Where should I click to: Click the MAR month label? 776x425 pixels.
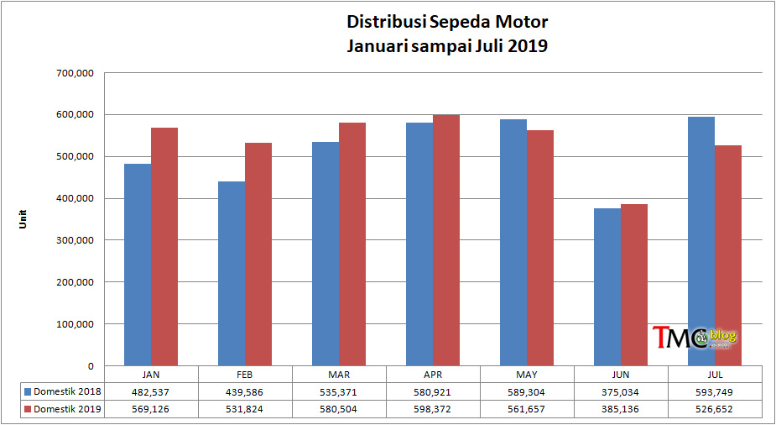coord(340,375)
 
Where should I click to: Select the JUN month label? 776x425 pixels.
coord(622,375)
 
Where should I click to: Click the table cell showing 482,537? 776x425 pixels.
coord(152,392)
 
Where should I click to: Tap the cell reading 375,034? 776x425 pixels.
coord(622,392)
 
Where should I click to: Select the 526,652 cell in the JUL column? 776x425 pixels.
coord(716,409)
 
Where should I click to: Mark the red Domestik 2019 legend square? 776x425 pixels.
coord(27,409)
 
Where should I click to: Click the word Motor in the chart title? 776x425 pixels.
coord(522,21)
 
